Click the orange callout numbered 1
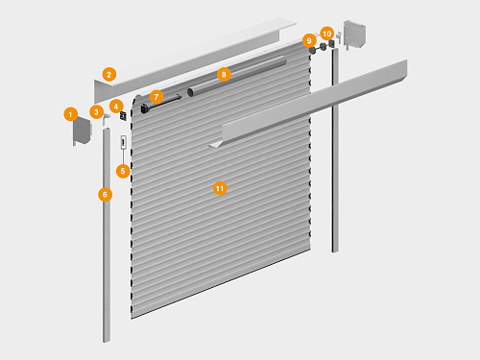pyautogui.click(x=71, y=114)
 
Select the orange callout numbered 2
pyautogui.click(x=109, y=75)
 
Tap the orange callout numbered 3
pyautogui.click(x=96, y=112)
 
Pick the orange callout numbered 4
pyautogui.click(x=116, y=107)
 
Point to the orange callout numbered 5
pyautogui.click(x=123, y=171)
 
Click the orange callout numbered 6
pyautogui.click(x=106, y=195)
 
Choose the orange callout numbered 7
pyautogui.click(x=156, y=97)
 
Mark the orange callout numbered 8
pyautogui.click(x=224, y=75)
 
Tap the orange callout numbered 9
pyautogui.click(x=309, y=40)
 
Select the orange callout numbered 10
pyautogui.click(x=327, y=34)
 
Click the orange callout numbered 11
pyautogui.click(x=220, y=188)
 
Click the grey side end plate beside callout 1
pyautogui.click(x=82, y=131)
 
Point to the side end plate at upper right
pyautogui.click(x=354, y=35)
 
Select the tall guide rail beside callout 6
pyautogui.click(x=107, y=235)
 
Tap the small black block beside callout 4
pyautogui.click(x=123, y=116)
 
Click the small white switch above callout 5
pyautogui.click(x=124, y=142)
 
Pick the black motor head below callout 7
pyautogui.click(x=145, y=108)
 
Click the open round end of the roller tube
pyautogui.click(x=190, y=92)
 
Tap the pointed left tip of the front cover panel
pyautogui.click(x=210, y=146)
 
